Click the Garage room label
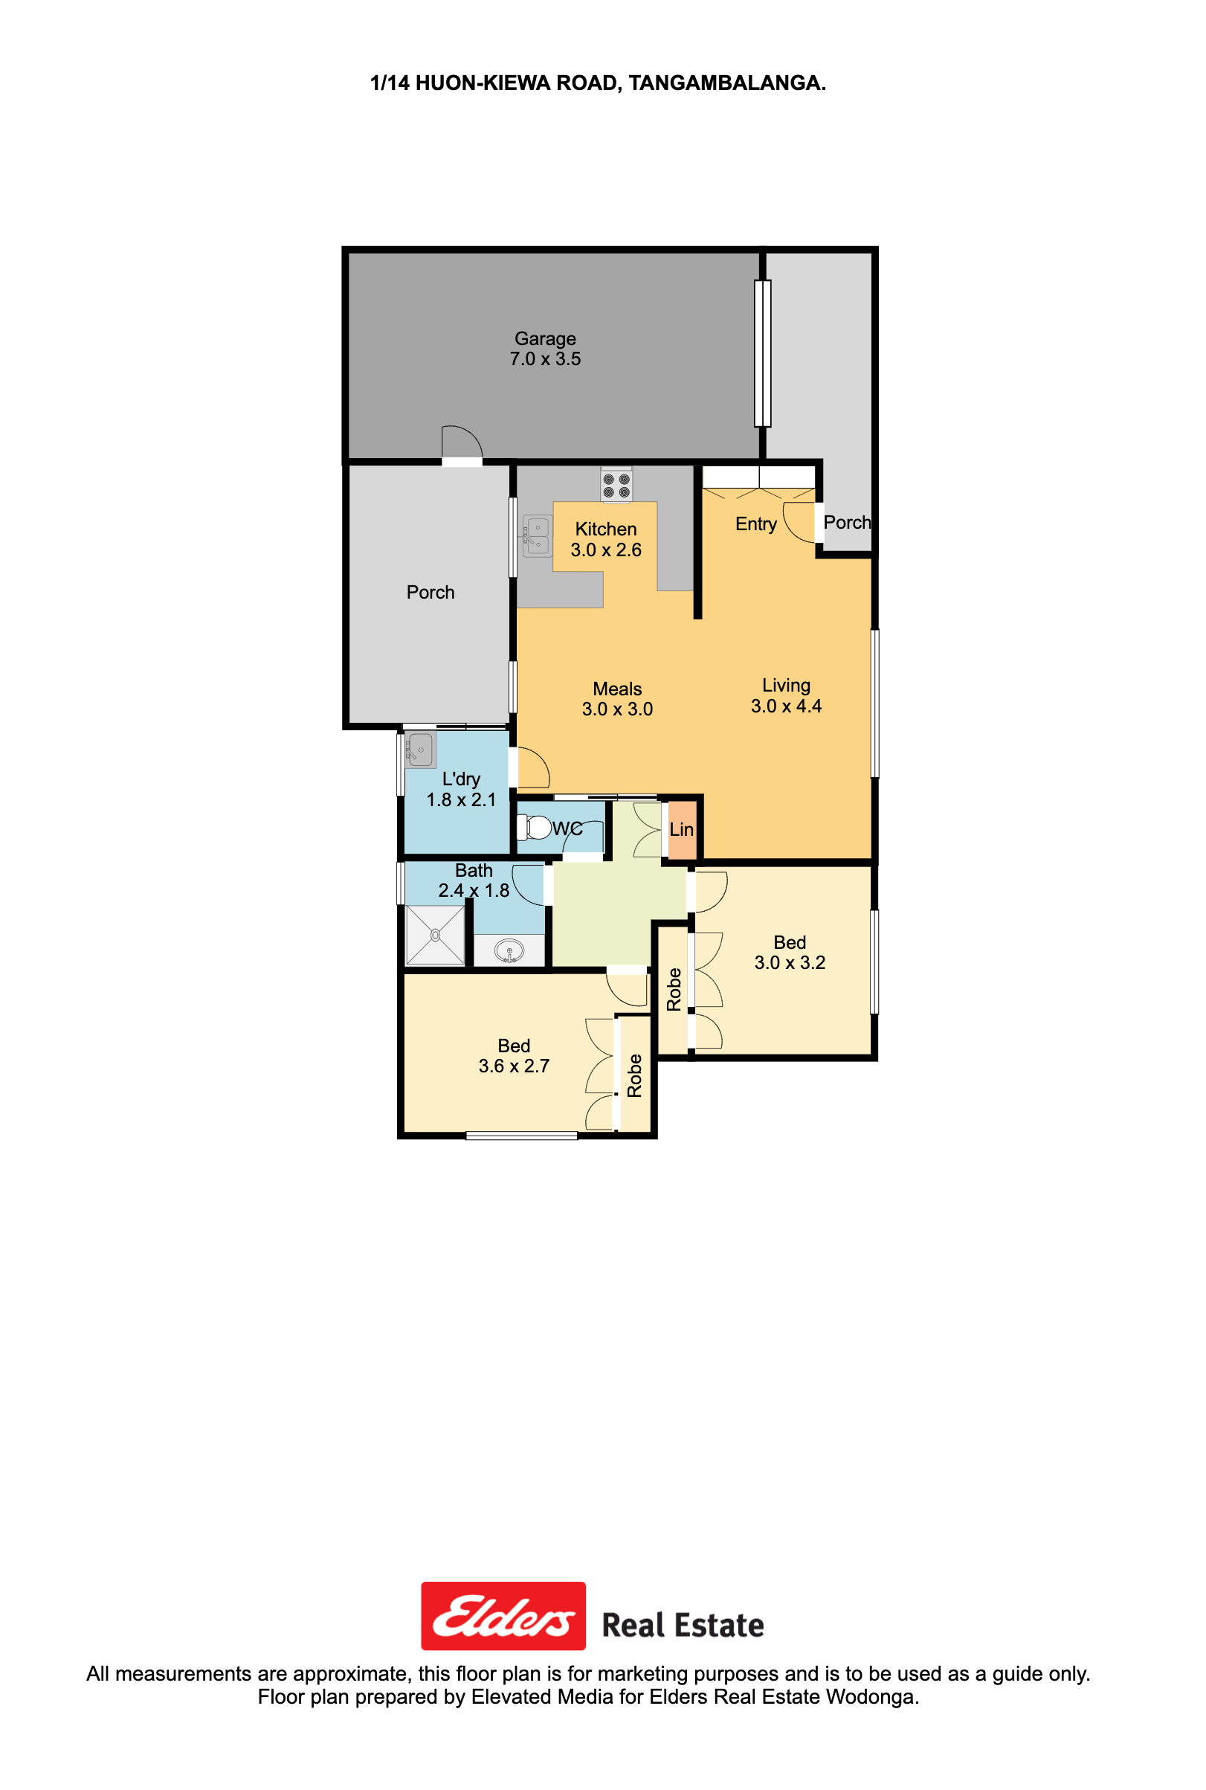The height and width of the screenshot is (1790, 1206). tap(544, 338)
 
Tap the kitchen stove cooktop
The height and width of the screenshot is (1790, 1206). tap(616, 486)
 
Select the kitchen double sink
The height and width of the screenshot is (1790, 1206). tap(538, 535)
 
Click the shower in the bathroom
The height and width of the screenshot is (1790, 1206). tap(435, 935)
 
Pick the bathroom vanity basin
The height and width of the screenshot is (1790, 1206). tap(509, 950)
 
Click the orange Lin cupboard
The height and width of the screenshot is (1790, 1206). tap(682, 830)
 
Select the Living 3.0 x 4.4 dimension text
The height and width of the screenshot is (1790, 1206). tap(786, 706)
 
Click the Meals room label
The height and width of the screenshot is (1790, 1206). tap(617, 689)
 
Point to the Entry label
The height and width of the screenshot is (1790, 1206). tap(756, 524)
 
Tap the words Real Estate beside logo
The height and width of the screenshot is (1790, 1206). tap(683, 1626)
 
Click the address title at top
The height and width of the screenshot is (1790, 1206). tap(598, 83)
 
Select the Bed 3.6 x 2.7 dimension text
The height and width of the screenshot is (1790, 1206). tap(514, 1066)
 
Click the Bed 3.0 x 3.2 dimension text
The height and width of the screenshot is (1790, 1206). tap(790, 963)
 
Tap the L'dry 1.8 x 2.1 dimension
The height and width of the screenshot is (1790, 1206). tap(462, 800)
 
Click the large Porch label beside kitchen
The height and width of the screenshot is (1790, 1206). tap(431, 592)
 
